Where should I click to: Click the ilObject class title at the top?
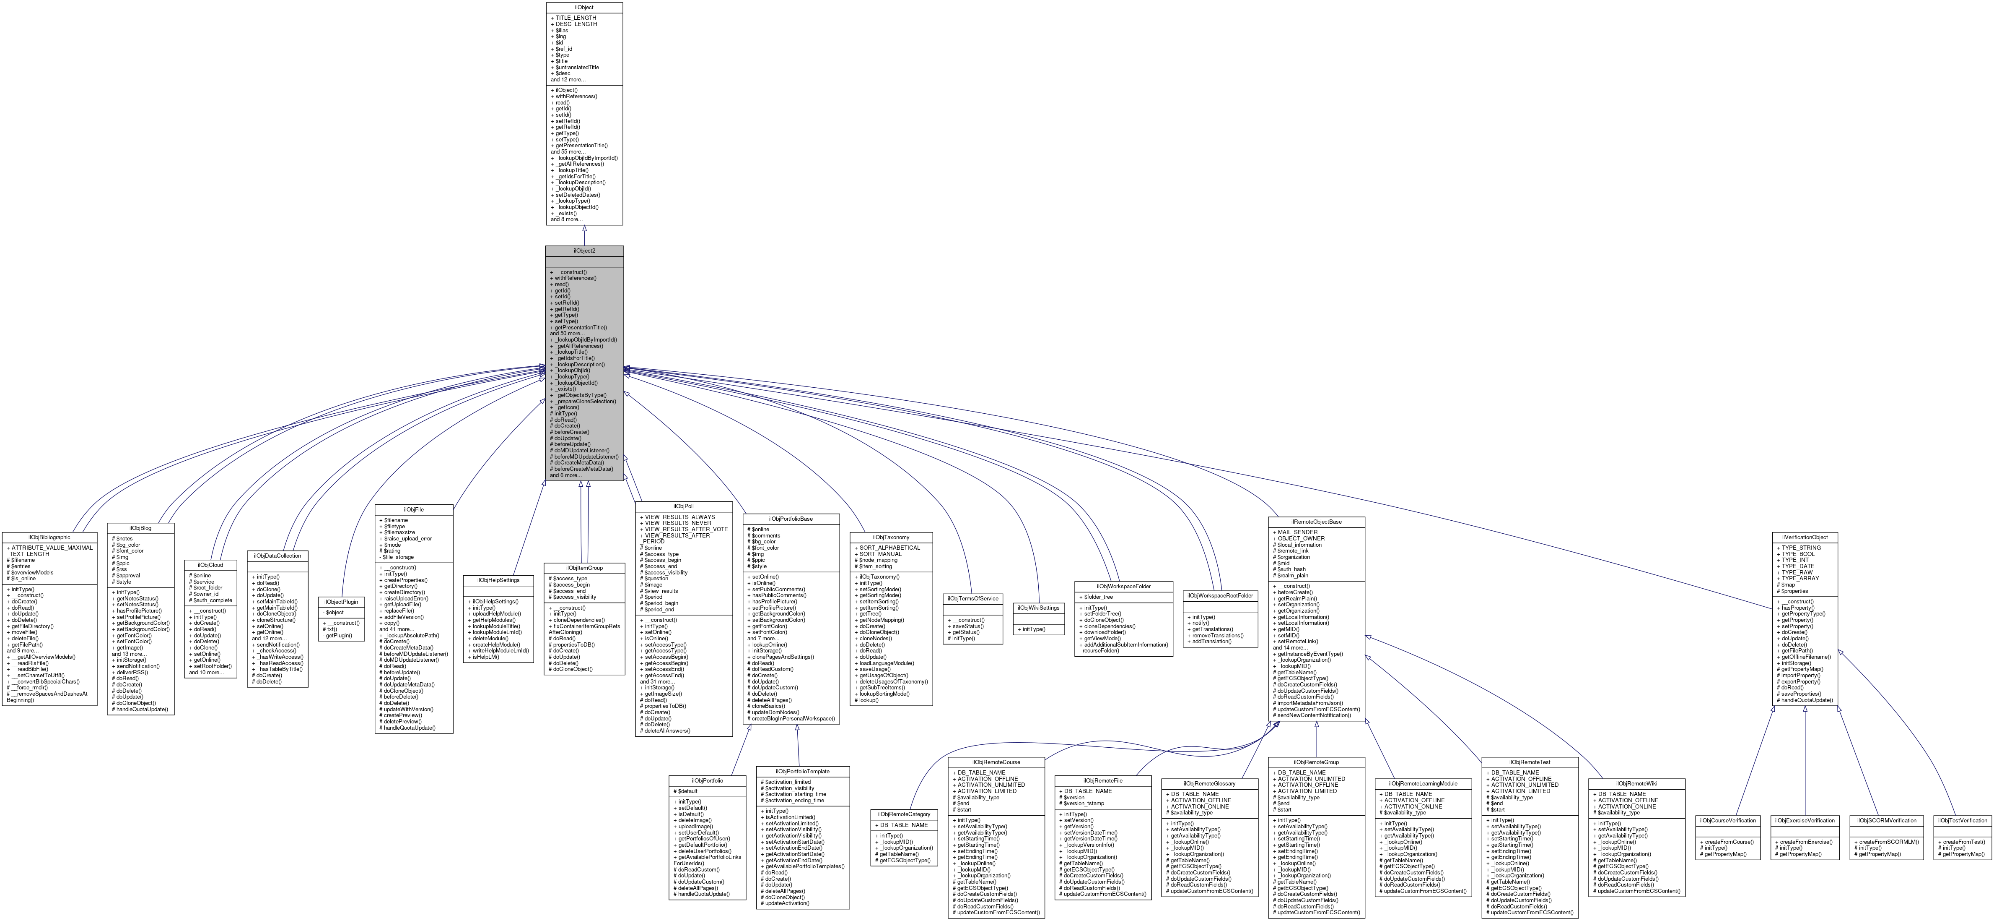pos(584,7)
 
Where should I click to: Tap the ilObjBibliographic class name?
pos(49,537)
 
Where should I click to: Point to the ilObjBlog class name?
pos(141,527)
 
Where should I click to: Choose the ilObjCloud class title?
pos(210,565)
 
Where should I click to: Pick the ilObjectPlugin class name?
pos(341,602)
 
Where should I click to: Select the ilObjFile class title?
pos(414,510)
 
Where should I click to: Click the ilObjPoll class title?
pos(684,506)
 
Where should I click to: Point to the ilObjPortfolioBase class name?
pos(791,518)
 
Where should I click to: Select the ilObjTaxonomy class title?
pos(891,537)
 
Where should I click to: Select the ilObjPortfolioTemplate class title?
pos(803,772)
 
